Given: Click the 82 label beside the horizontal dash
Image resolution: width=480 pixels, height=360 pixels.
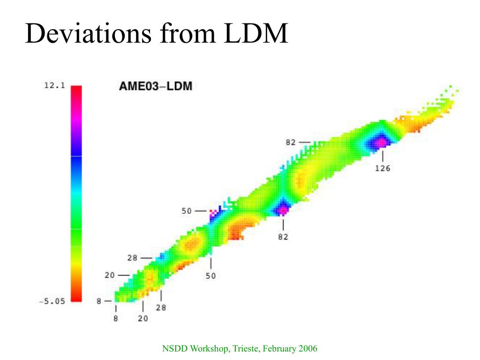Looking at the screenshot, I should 291,142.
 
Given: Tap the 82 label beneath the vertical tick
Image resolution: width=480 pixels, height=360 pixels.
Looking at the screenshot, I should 283,237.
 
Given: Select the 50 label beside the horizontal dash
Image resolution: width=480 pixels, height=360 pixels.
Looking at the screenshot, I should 187,211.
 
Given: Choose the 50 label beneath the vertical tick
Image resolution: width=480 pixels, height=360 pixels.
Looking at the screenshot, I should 211,276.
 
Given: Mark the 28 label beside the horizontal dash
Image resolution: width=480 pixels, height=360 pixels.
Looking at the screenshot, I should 132,258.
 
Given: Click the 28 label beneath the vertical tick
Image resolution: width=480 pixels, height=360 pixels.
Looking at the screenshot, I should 161,308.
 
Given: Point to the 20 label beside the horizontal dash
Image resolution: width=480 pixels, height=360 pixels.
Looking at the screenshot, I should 110,275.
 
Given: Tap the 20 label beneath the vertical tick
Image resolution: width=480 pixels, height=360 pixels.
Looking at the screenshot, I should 143,319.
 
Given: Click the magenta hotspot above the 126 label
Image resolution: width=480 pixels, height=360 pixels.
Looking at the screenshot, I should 382,142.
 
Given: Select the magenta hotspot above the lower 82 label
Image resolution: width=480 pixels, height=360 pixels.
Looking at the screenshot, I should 283,210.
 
